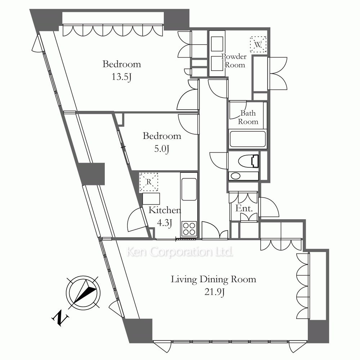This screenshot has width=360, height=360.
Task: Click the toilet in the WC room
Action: pos(249,161)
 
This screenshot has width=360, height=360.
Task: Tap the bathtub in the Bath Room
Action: pos(248,139)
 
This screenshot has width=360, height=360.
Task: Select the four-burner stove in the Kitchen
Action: pos(189,229)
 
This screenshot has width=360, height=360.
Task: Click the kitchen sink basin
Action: pos(189,189)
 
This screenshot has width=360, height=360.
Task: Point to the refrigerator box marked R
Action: pos(149,182)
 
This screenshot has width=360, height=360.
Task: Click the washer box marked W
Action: pos(258,44)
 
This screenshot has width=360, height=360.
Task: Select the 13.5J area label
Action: pos(121,77)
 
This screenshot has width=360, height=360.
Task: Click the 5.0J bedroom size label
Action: pos(162,149)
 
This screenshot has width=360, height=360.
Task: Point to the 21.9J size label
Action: pos(214,292)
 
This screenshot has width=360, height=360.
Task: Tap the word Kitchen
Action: pos(165,210)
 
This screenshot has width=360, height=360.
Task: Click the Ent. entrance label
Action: pos(244,208)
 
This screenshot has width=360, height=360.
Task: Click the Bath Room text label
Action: pos(248,117)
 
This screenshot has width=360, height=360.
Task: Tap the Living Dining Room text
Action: pos(213,279)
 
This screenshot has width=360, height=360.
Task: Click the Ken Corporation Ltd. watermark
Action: pos(180,252)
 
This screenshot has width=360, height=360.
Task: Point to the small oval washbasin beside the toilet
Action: pos(235,176)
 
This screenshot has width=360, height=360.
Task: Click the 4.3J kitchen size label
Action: pos(165,222)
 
